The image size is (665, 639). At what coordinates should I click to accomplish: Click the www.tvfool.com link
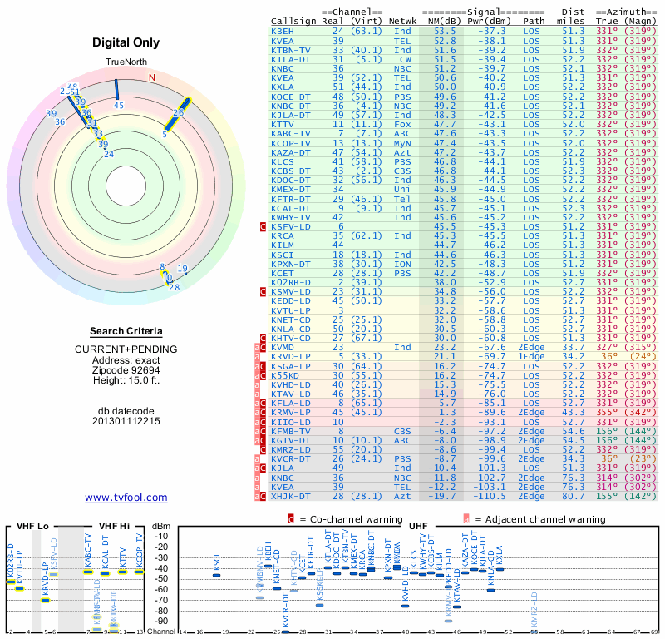[126, 498]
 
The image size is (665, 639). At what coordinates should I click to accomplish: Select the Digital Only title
[126, 42]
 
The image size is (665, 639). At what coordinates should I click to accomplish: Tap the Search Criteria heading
[126, 331]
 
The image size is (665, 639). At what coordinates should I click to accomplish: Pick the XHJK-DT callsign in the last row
[292, 496]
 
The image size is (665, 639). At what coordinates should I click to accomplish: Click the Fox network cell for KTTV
[403, 123]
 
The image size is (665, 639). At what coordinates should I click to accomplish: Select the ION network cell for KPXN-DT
[403, 263]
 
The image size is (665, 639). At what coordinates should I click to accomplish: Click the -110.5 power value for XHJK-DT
[490, 496]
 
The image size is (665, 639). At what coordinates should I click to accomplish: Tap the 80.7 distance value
[574, 496]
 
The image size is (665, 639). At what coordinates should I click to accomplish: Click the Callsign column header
[293, 19]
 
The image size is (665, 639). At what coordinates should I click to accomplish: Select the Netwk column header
[403, 19]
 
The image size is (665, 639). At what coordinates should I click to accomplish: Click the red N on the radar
[151, 77]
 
